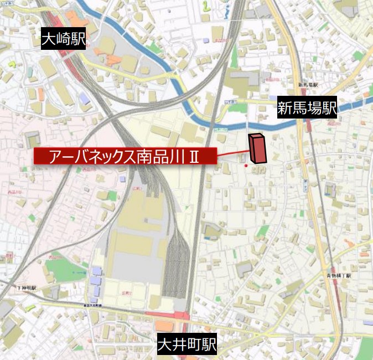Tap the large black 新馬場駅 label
click(x=307, y=109)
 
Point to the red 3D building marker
click(x=257, y=148)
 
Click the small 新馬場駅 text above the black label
click(x=308, y=85)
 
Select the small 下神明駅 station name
click(x=26, y=288)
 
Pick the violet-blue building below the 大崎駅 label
click(x=84, y=99)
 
